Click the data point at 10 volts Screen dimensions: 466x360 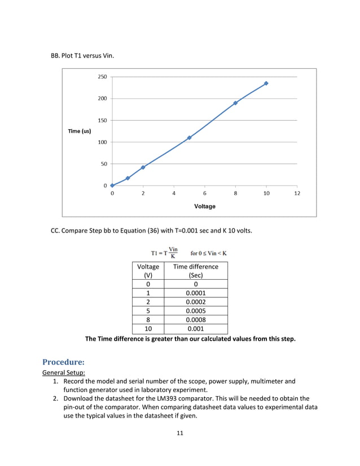pos(266,83)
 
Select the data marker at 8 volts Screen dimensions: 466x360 pos(235,103)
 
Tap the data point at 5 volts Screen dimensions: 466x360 pos(189,138)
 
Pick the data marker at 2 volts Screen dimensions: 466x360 pos(143,167)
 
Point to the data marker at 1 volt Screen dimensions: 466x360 pos(128,178)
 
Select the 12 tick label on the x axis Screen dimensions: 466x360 pos(297,193)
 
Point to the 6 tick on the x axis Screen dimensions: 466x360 pos(204,193)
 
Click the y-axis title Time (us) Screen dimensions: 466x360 pos(79,131)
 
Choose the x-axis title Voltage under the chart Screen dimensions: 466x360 pos(204,206)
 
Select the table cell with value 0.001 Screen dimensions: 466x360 pos(195,328)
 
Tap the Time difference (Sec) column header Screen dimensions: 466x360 pos(195,271)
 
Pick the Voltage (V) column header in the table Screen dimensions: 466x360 pos(148,271)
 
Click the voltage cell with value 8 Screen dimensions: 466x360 pos(148,319)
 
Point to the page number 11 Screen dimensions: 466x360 pos(179,433)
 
